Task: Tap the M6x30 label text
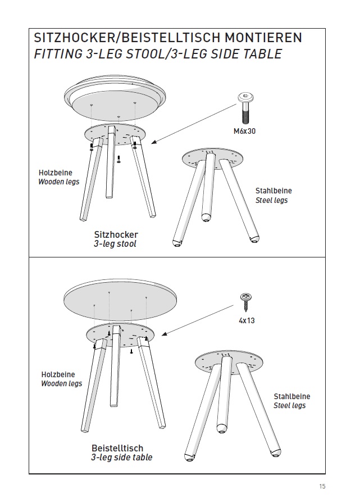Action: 245,133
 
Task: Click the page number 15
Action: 322,487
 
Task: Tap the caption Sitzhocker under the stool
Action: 115,234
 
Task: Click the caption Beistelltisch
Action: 117,448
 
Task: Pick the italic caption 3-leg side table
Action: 121,458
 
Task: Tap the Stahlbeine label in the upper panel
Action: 274,191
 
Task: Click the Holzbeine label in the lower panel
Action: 58,374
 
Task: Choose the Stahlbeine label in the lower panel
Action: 291,396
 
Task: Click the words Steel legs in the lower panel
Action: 290,405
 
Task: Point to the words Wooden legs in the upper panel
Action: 58,182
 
